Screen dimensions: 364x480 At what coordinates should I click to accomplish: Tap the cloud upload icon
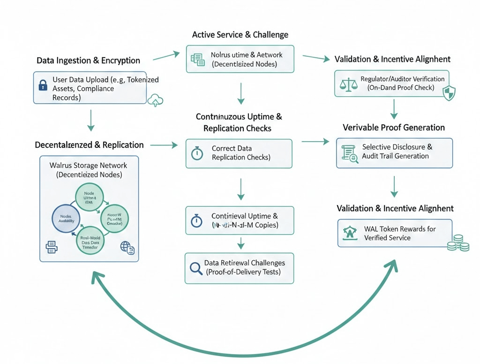156,99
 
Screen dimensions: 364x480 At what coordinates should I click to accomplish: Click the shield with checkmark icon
449,93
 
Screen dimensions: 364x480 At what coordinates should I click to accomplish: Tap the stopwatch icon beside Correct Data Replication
197,153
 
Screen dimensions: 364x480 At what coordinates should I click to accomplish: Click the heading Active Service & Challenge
240,35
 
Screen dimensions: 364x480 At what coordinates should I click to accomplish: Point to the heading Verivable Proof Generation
394,128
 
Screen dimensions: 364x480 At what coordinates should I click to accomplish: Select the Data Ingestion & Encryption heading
88,61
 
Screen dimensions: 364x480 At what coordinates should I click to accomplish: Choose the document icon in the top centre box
197,59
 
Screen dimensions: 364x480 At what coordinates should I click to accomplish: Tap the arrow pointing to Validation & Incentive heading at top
316,58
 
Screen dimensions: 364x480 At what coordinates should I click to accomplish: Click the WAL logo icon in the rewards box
349,232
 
